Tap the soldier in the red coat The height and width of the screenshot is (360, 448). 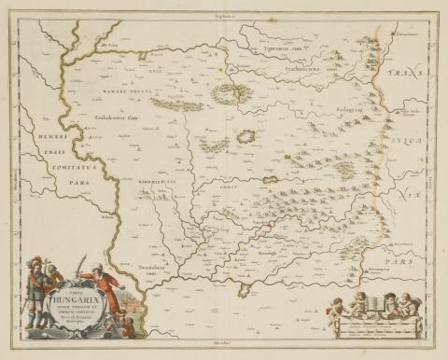[108, 297]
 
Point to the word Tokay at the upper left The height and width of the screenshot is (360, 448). [114, 43]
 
